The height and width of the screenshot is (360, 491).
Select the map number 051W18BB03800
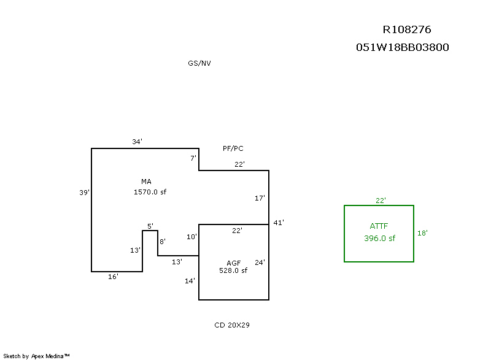click(402, 47)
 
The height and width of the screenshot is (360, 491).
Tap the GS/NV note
click(199, 63)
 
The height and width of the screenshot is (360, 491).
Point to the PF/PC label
click(233, 148)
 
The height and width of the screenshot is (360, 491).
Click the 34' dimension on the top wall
click(137, 142)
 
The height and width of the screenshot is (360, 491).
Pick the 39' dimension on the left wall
click(85, 193)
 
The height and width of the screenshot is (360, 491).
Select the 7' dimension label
click(193, 158)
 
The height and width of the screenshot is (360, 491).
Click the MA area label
click(146, 182)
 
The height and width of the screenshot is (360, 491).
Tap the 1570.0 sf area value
click(150, 192)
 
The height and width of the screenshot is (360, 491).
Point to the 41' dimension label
click(279, 223)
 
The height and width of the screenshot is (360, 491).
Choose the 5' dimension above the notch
click(150, 226)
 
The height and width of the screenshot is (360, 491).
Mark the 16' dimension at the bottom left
click(113, 277)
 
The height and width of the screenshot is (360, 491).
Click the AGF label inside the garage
click(233, 262)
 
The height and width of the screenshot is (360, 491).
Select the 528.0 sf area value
click(233, 270)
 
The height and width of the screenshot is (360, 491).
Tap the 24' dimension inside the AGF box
click(260, 262)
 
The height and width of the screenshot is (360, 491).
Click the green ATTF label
click(379, 226)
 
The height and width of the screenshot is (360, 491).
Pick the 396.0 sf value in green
click(379, 239)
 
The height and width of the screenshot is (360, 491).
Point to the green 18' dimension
click(422, 233)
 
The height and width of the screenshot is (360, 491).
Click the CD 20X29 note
click(228, 325)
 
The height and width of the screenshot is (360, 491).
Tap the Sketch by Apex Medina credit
click(37, 356)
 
